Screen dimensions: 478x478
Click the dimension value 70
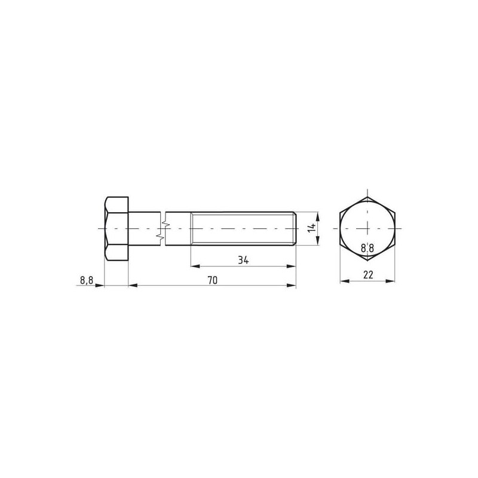click(x=213, y=280)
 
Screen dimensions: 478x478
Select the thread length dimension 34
click(x=243, y=261)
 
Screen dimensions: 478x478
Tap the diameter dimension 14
click(x=311, y=228)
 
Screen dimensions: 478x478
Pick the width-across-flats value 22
click(x=368, y=275)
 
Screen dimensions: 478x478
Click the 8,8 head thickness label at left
click(x=87, y=280)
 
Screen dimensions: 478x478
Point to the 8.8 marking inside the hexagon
click(x=367, y=248)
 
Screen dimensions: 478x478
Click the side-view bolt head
click(x=117, y=229)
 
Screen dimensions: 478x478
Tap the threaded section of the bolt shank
click(x=243, y=229)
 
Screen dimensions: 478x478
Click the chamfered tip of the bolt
click(x=295, y=229)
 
